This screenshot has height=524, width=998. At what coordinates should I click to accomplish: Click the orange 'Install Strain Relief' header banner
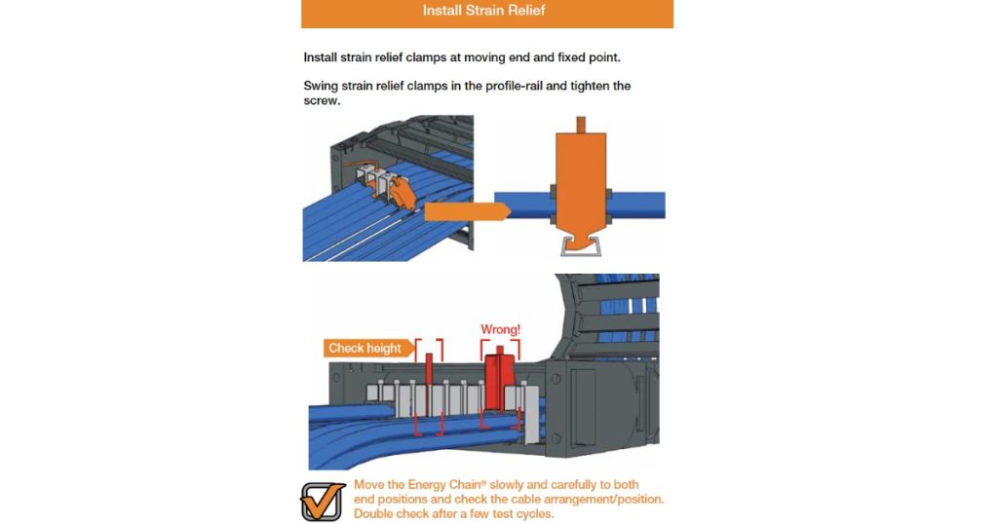pyautogui.click(x=487, y=14)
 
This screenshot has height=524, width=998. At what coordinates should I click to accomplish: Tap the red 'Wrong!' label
pyautogui.click(x=500, y=329)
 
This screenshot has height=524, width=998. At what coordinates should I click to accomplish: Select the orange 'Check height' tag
pyautogui.click(x=367, y=348)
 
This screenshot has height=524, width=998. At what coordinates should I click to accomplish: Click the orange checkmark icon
pyautogui.click(x=323, y=501)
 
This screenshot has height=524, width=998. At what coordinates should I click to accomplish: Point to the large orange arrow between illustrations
pyautogui.click(x=467, y=211)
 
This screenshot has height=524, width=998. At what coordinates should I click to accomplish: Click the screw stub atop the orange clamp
pyautogui.click(x=581, y=125)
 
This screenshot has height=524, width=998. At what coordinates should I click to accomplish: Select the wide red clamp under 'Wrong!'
pyautogui.click(x=500, y=382)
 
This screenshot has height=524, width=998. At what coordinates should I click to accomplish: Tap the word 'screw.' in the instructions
pyautogui.click(x=322, y=100)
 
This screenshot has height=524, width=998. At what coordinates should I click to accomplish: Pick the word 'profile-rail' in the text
pyautogui.click(x=514, y=86)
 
